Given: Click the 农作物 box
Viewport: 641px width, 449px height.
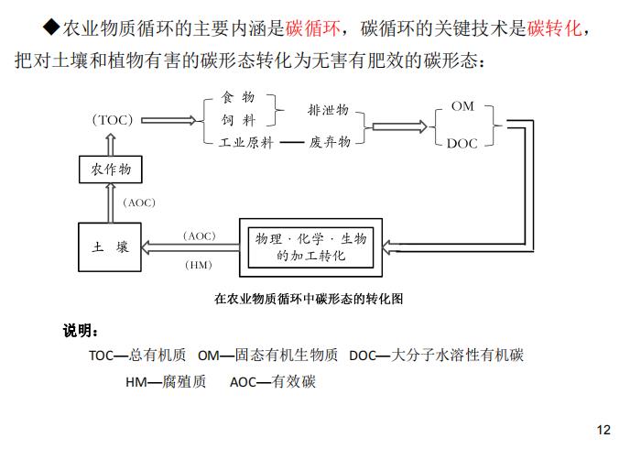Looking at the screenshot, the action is coord(111,170).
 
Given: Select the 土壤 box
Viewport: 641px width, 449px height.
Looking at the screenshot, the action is coord(110,247).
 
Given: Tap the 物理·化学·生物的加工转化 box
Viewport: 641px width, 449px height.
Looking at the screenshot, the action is coord(310,247).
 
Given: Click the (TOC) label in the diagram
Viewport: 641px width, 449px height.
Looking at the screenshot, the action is coord(113,120).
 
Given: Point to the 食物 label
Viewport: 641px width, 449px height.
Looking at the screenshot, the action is coord(238,97).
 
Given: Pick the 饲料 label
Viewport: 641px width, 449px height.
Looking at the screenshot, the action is coord(238,120).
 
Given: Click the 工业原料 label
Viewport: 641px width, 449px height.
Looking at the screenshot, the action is coord(246,143).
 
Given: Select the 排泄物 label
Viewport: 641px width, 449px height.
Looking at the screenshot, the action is coord(328,110).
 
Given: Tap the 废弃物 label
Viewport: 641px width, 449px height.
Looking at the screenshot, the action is coord(330,142).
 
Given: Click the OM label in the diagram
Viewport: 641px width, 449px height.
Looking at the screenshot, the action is coord(462,106).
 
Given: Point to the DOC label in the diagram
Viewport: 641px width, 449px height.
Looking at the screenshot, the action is coord(462,144).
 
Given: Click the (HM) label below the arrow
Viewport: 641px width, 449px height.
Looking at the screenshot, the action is coord(199,265).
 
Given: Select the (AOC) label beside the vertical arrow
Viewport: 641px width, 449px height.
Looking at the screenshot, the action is coord(139,203).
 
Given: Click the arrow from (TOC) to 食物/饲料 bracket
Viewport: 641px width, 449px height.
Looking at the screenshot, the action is coord(168,120).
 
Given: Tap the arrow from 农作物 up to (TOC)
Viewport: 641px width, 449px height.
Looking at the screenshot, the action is coord(111,145).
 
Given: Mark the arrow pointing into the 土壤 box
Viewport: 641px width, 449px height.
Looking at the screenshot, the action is coord(190,247).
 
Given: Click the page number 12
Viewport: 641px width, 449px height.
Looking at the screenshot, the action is coord(603,430).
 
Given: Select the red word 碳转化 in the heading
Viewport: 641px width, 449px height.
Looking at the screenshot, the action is coord(554,28).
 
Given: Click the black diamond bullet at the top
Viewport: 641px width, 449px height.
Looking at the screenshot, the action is coord(51,27).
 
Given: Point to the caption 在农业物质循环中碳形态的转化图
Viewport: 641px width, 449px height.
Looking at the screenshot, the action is coord(309,299).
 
